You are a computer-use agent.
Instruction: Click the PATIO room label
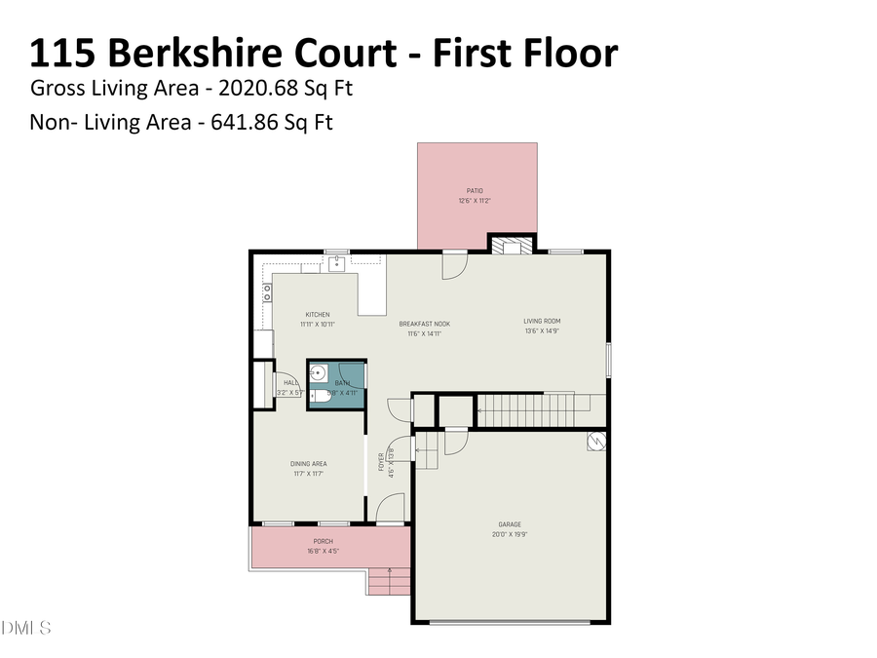(474, 191)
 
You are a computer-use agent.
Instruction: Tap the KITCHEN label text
(318, 315)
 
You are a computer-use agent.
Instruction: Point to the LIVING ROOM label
(541, 321)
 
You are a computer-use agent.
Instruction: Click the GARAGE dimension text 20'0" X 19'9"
(512, 534)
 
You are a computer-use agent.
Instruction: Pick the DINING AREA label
(308, 464)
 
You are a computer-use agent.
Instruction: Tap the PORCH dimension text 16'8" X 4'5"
(323, 552)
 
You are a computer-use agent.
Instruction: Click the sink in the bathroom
(319, 372)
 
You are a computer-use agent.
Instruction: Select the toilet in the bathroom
(319, 397)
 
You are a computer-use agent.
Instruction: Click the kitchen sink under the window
(336, 262)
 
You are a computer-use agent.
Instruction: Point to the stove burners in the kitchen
(266, 290)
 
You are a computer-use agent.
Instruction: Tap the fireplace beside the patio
(512, 247)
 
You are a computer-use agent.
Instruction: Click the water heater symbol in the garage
(595, 443)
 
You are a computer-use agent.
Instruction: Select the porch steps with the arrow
(389, 582)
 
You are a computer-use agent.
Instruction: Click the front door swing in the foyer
(390, 509)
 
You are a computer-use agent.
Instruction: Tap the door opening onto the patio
(455, 266)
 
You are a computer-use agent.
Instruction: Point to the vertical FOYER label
(381, 462)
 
